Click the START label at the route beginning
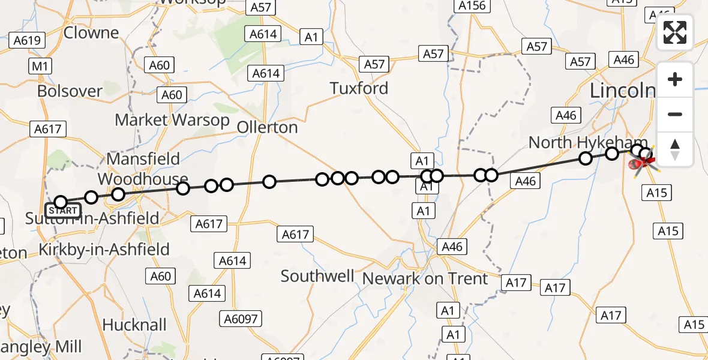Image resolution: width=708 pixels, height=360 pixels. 62,211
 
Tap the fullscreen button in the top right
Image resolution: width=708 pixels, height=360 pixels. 675,33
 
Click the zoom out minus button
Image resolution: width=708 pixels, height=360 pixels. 675,114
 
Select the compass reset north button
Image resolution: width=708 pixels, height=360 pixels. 675,149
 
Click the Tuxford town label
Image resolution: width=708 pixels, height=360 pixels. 359,88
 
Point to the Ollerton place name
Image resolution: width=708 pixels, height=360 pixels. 268,127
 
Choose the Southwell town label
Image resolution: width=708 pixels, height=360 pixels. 317,276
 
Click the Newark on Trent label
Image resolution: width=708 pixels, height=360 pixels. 425,278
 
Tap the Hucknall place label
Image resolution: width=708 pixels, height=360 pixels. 134,325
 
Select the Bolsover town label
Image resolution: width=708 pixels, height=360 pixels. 70,91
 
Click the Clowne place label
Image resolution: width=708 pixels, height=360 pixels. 91,32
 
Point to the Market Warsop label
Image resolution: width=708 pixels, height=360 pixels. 172,120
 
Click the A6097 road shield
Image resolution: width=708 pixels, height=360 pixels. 239,319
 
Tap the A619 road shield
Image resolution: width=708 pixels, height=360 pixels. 28,41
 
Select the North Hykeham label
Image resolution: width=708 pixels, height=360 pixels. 580,142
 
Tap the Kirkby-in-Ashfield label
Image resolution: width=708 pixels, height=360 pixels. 104,249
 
